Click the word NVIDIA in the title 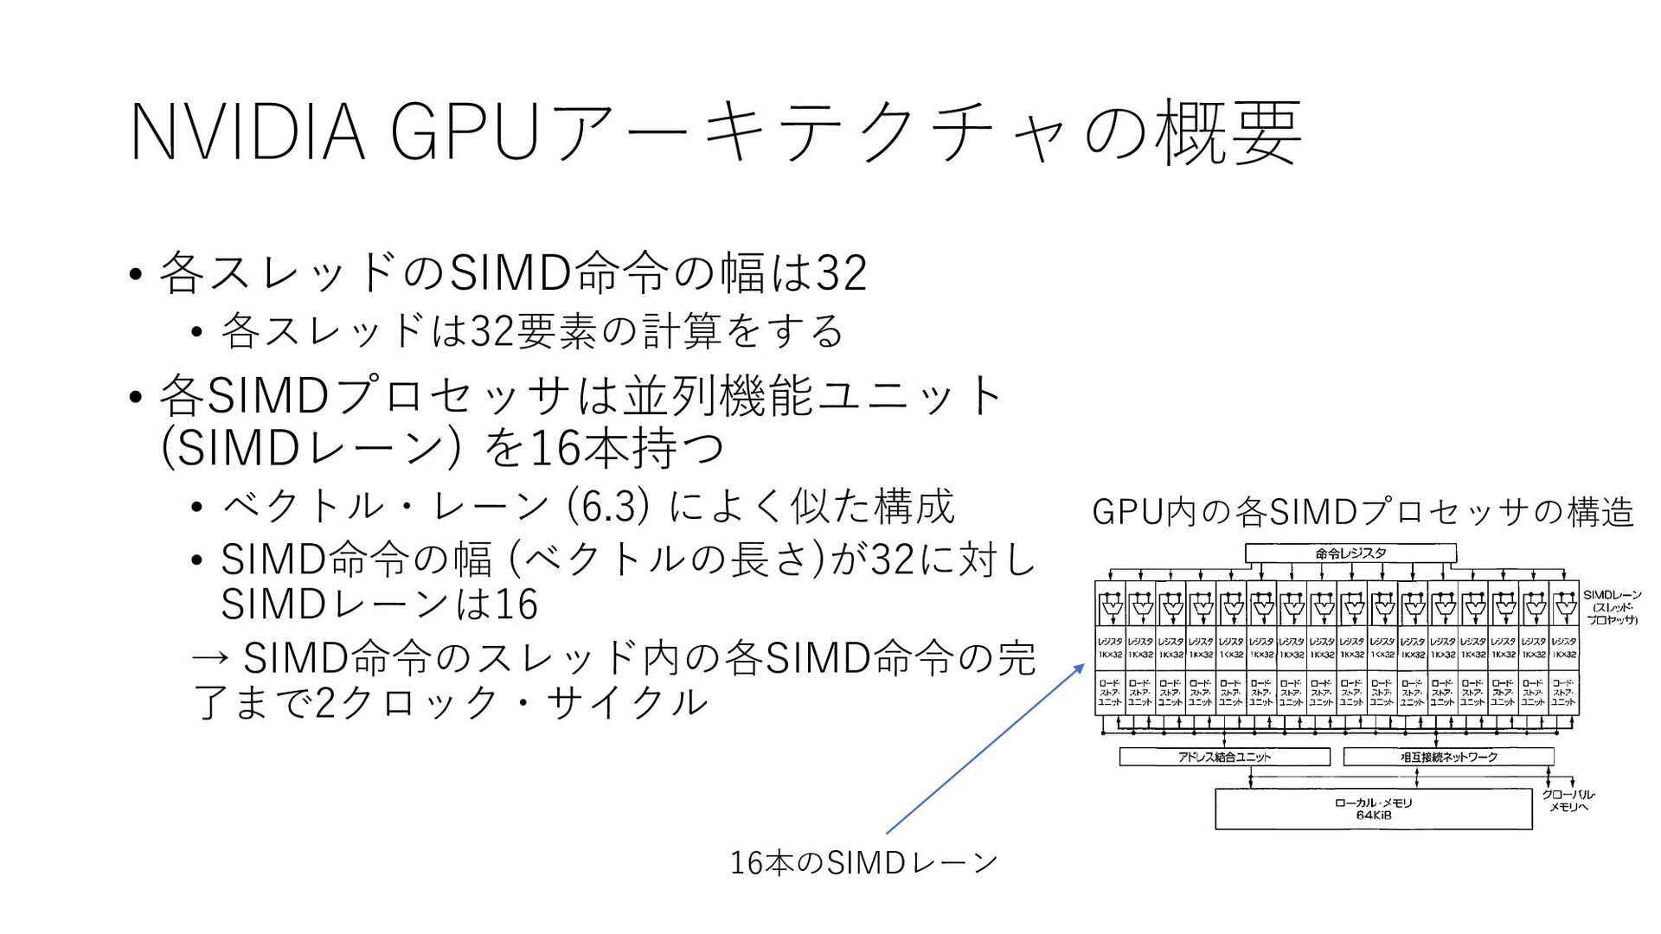click(x=247, y=133)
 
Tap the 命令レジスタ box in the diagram click(x=1350, y=553)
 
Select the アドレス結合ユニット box click(x=1224, y=757)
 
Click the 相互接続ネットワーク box click(x=1448, y=757)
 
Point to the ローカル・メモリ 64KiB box click(x=1373, y=809)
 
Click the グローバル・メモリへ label click(x=1568, y=801)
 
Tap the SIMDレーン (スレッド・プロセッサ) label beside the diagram click(x=1612, y=607)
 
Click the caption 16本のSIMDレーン click(x=863, y=862)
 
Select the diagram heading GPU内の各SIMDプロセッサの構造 click(x=1363, y=512)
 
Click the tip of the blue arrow click(x=1083, y=665)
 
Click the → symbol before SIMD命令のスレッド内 click(x=211, y=659)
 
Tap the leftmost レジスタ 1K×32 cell click(x=1110, y=648)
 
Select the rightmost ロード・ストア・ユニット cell click(x=1563, y=693)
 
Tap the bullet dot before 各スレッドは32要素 click(x=197, y=332)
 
